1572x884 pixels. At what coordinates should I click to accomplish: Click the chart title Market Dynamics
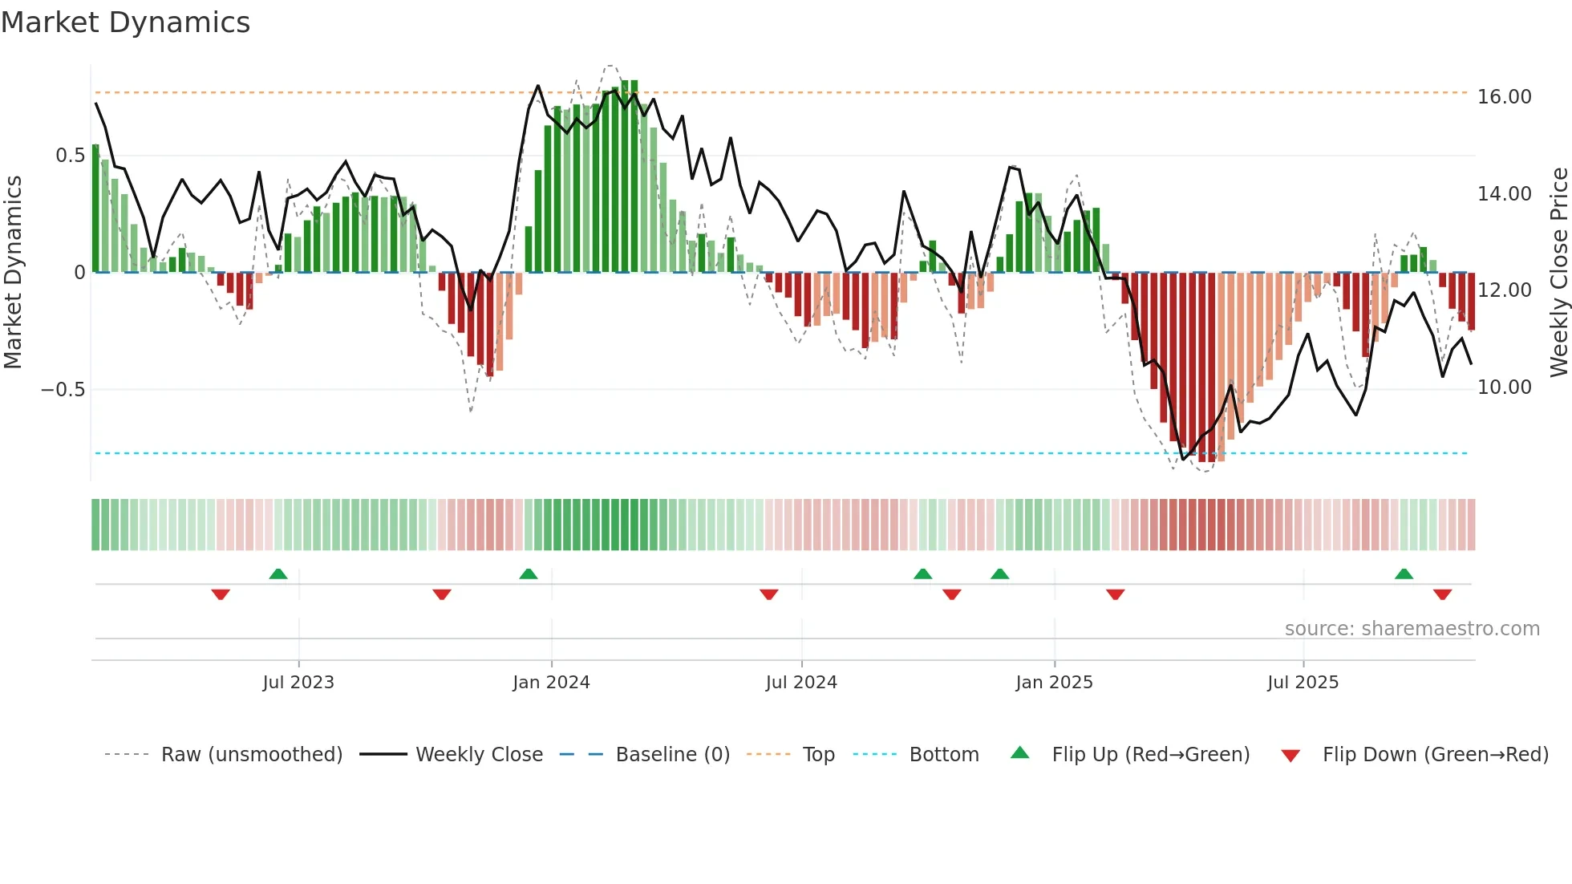click(125, 22)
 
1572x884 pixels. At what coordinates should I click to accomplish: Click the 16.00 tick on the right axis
click(1504, 97)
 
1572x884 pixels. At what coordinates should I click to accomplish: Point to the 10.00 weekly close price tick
click(1504, 387)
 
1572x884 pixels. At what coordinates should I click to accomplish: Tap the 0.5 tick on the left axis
click(70, 156)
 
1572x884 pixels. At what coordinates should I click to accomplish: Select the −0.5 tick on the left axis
click(63, 390)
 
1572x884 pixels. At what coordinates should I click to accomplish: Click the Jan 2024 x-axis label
click(551, 683)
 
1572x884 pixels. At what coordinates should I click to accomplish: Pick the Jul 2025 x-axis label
click(1303, 683)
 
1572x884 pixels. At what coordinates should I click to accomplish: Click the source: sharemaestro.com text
click(1412, 629)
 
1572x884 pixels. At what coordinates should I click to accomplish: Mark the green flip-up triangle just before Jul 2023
click(278, 574)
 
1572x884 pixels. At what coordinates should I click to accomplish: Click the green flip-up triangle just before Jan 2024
click(529, 574)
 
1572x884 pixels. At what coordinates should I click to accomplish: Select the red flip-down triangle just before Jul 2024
click(768, 594)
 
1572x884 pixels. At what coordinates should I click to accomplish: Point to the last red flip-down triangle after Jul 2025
click(1442, 594)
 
